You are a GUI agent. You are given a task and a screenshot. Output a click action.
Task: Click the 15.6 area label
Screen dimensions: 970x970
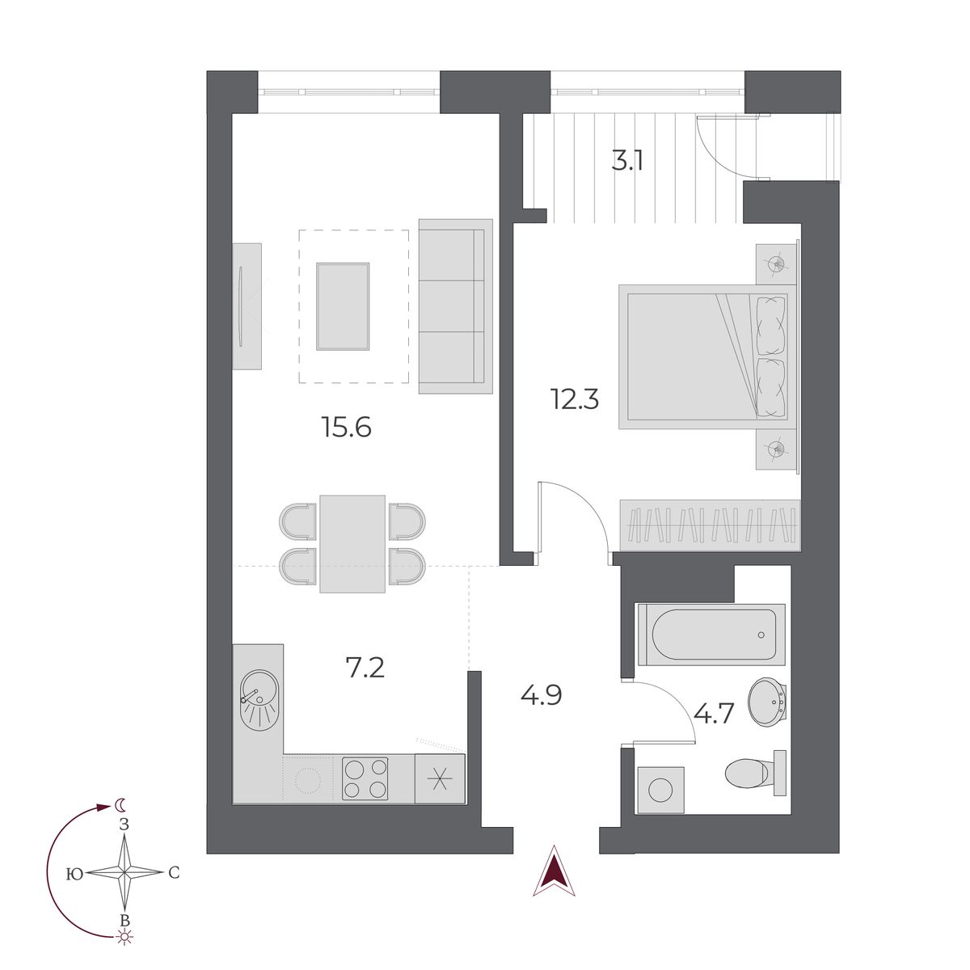coord(346,426)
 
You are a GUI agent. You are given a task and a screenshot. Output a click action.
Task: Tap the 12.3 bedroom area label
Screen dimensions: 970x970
coord(575,399)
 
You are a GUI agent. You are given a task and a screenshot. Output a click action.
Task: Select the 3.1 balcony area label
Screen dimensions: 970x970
coord(627,161)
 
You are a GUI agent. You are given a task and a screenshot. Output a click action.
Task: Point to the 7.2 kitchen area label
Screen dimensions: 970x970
coord(365,668)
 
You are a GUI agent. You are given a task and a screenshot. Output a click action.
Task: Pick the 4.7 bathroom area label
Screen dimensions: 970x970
coord(714,715)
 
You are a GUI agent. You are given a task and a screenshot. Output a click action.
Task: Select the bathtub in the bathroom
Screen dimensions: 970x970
coord(710,634)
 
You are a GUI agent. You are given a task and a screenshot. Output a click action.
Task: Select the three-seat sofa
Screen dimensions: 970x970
coord(455,306)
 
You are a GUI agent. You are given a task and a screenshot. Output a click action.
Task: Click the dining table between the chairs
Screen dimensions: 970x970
coord(352,543)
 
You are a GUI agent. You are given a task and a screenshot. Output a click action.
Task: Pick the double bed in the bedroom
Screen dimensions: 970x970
coord(702,356)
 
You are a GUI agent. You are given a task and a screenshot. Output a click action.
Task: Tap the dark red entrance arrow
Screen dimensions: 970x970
coord(555,873)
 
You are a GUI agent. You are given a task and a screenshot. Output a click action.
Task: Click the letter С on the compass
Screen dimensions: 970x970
coord(173,873)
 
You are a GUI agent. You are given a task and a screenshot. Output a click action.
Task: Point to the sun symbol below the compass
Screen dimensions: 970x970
coord(124,938)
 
